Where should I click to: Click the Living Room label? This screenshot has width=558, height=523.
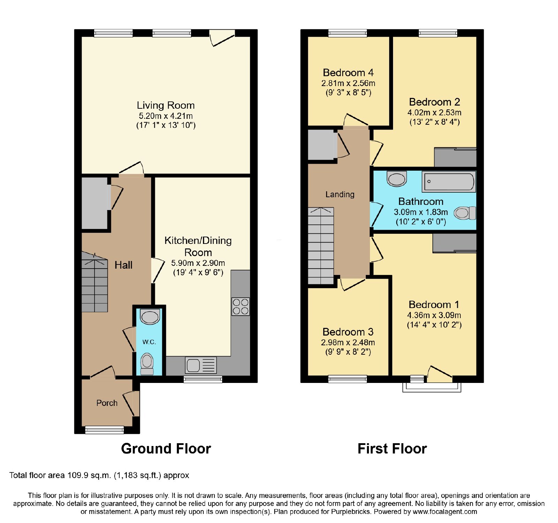pyautogui.click(x=166, y=105)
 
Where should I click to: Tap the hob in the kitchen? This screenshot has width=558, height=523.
pyautogui.click(x=241, y=307)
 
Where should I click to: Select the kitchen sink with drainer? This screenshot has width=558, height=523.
pyautogui.click(x=201, y=365)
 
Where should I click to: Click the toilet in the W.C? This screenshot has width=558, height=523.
pyautogui.click(x=147, y=364)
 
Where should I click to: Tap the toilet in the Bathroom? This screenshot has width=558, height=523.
pyautogui.click(x=465, y=213)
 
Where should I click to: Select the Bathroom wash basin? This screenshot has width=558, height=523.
pyautogui.click(x=397, y=179)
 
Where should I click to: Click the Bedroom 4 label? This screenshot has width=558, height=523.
pyautogui.click(x=348, y=72)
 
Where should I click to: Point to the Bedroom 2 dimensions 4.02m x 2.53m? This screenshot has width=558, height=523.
pyautogui.click(x=435, y=113)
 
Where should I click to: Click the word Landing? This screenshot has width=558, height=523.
pyautogui.click(x=340, y=194)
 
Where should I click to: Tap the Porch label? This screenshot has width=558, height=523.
pyautogui.click(x=107, y=403)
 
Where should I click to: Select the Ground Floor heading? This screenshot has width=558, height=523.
pyautogui.click(x=166, y=448)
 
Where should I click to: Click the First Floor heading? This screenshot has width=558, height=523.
pyautogui.click(x=392, y=448)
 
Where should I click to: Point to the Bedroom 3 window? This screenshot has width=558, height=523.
pyautogui.click(x=348, y=379)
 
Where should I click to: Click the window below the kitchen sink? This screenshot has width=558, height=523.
pyautogui.click(x=203, y=379)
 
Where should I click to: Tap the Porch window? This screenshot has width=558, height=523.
pyautogui.click(x=105, y=430)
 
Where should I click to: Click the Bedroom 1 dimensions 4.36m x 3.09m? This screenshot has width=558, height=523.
pyautogui.click(x=434, y=315)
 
